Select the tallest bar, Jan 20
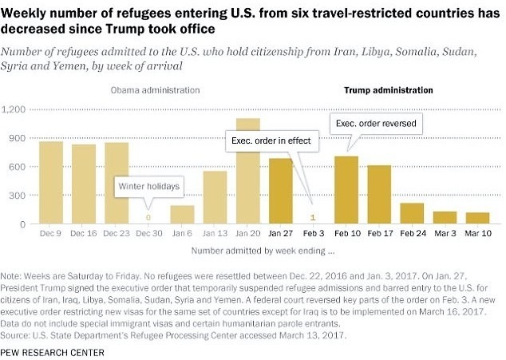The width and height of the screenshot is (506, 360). click(x=248, y=171)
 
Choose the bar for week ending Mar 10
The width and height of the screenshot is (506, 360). click(x=477, y=218)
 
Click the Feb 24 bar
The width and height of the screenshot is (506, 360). click(x=412, y=213)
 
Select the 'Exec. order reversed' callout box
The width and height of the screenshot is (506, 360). click(x=376, y=124)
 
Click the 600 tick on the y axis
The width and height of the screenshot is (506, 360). click(x=19, y=166)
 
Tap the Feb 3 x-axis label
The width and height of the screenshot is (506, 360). click(x=314, y=233)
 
